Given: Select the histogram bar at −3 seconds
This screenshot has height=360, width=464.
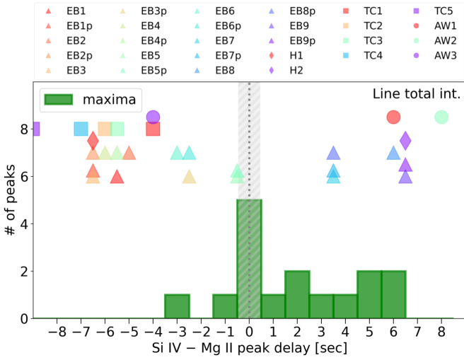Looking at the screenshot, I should pyautogui.click(x=177, y=306).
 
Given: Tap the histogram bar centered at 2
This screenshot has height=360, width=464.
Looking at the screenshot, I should pyautogui.click(x=297, y=294).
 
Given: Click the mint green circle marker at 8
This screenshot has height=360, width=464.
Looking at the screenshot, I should pyautogui.click(x=441, y=117).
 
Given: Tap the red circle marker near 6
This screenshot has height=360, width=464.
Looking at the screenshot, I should pyautogui.click(x=393, y=117).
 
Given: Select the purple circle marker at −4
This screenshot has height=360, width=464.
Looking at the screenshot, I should pyautogui.click(x=153, y=117).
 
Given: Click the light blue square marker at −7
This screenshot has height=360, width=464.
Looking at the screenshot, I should pyautogui.click(x=81, y=129).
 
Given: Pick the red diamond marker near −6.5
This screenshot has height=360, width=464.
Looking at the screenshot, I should pyautogui.click(x=93, y=141).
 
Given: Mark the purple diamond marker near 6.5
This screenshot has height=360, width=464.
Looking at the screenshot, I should pyautogui.click(x=405, y=140).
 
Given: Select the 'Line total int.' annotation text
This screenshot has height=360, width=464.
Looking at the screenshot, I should pyautogui.click(x=415, y=94).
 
